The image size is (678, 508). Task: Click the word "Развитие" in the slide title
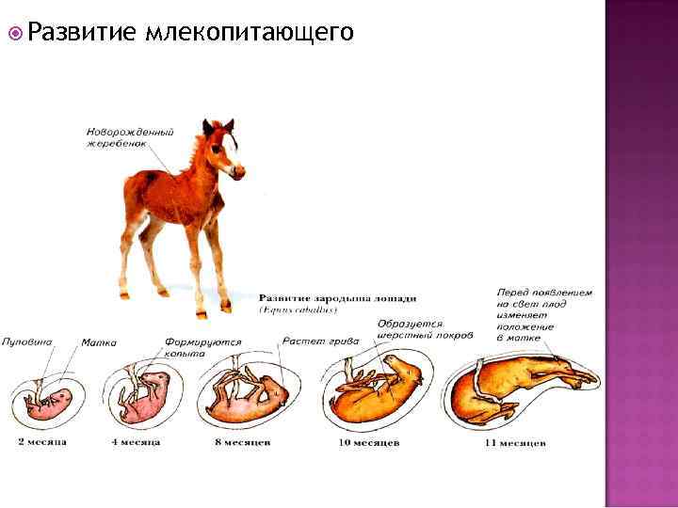coord(81,33)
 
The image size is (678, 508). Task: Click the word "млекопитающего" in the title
coord(250,34)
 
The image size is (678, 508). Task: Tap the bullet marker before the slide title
coord(14,34)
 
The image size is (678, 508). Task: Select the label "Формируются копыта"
coord(202,347)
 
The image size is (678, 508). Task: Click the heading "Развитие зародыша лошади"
coord(336,298)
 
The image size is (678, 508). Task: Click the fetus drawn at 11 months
coord(527,386)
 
